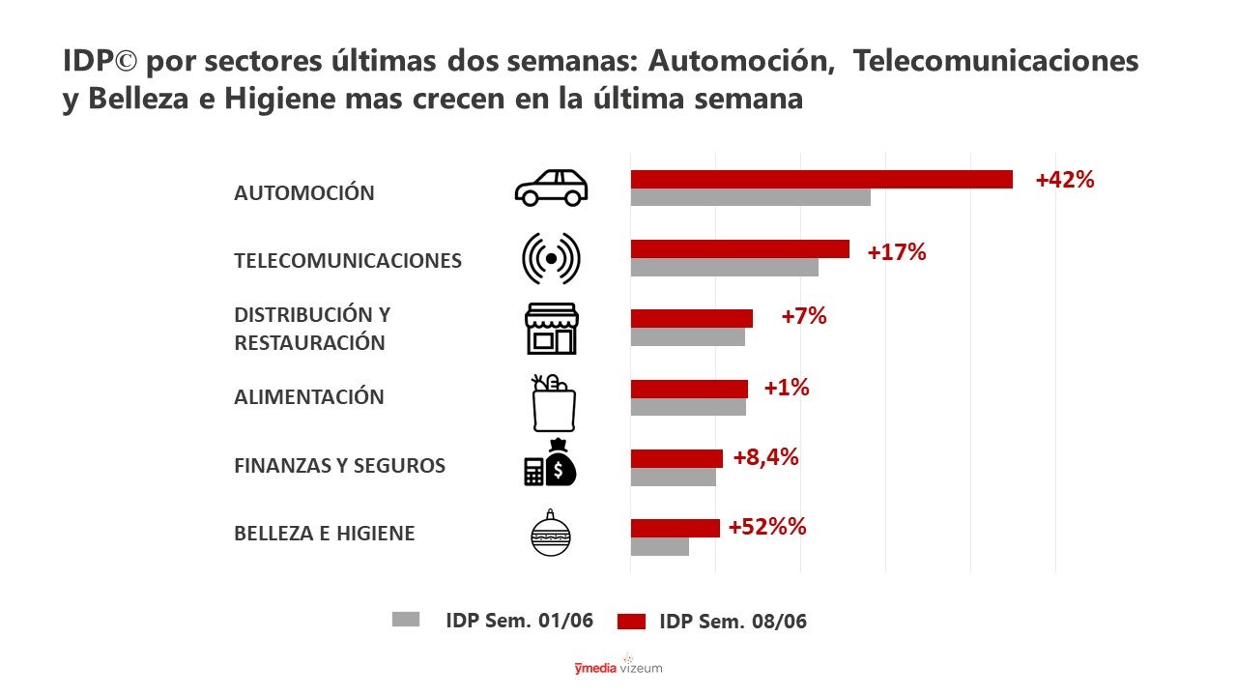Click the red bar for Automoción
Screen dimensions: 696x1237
pos(821,179)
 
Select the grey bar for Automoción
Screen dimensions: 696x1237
pos(750,197)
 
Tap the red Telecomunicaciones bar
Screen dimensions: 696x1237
pos(739,248)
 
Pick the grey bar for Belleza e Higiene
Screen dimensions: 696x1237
pos(659,546)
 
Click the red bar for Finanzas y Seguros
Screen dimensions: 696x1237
pos(676,458)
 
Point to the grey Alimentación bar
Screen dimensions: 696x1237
pos(688,407)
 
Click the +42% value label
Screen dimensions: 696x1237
pos(1064,180)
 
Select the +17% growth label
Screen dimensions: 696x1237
pos(896,252)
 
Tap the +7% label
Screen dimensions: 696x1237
pos(803,315)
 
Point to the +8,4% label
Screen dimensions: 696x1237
pos(765,457)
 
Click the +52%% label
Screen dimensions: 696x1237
pos(766,527)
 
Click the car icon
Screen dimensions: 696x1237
pos(551,188)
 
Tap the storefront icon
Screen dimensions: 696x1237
pos(551,329)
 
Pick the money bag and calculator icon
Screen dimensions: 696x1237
pos(550,463)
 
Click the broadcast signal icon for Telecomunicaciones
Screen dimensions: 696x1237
pos(551,258)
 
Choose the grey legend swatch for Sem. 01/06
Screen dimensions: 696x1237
pos(406,620)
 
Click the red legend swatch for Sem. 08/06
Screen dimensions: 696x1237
pos(630,622)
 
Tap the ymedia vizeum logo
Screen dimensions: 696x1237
pos(618,667)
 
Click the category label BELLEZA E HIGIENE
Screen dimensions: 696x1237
pos(324,534)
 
